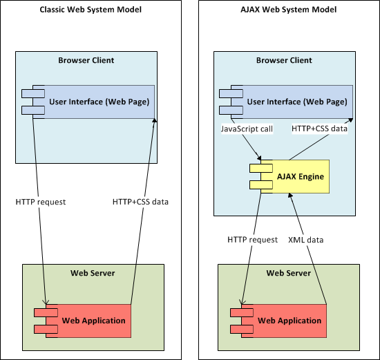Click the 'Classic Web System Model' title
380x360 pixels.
click(91, 10)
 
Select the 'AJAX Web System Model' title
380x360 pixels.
click(288, 10)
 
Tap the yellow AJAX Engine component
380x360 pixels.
click(295, 176)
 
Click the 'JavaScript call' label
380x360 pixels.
click(247, 129)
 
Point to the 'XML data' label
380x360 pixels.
click(306, 240)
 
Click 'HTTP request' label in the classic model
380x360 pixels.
click(41, 202)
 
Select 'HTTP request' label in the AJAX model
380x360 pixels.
click(252, 240)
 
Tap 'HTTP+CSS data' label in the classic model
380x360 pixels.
click(140, 202)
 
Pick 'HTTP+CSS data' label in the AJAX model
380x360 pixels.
click(320, 129)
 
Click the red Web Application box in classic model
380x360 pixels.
click(88, 321)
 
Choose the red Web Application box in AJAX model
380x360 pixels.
click(284, 321)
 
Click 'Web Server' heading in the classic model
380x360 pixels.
click(93, 273)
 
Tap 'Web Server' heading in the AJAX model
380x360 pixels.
click(289, 273)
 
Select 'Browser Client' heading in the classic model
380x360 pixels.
click(86, 60)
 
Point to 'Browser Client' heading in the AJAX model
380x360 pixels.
click(284, 60)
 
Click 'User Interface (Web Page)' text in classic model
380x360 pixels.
click(99, 102)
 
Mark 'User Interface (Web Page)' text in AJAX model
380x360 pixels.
click(297, 102)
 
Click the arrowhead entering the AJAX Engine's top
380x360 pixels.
click(259, 158)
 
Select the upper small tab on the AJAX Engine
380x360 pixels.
click(261, 168)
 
